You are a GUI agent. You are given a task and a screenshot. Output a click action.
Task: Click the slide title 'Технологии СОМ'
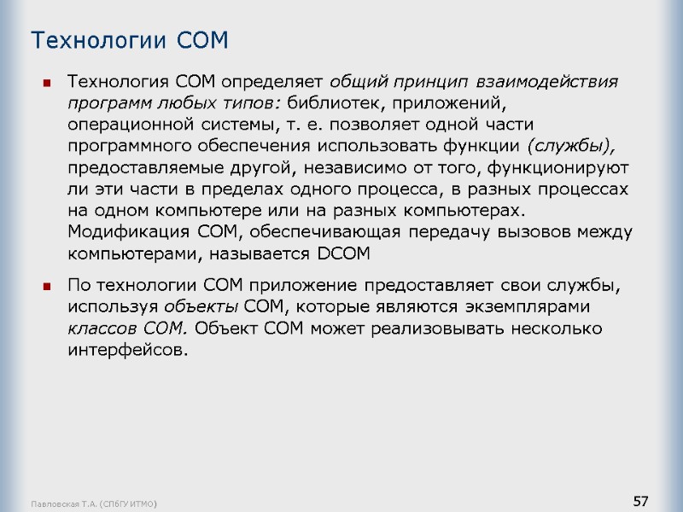tap(130, 40)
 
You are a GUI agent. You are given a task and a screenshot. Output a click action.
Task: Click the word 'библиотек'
tap(328, 104)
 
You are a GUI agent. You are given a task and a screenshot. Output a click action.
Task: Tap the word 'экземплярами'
tap(533, 306)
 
